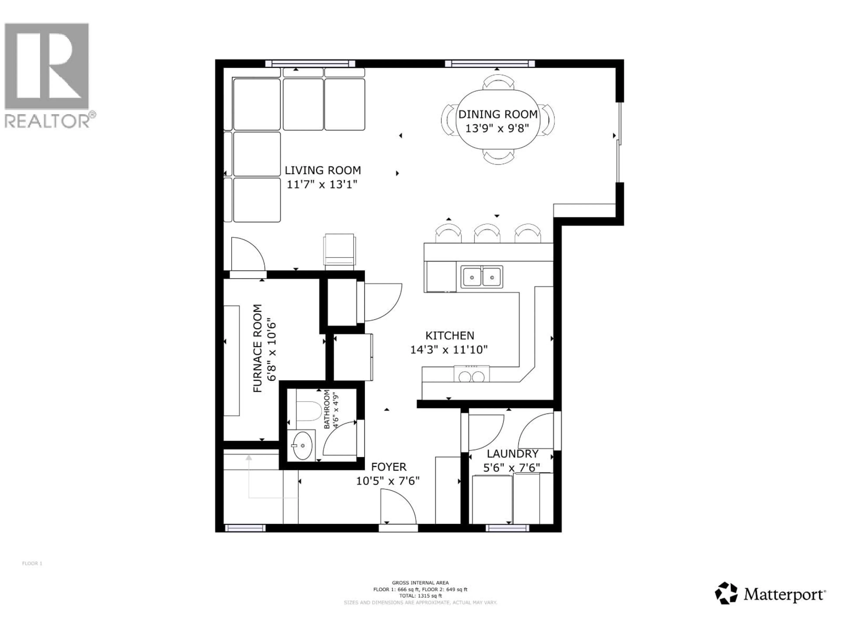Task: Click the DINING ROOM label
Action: click(x=498, y=114)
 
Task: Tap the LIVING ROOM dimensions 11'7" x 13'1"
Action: click(x=322, y=185)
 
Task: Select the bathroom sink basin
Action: click(x=303, y=445)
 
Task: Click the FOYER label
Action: click(x=389, y=467)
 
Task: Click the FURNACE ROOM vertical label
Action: click(x=258, y=348)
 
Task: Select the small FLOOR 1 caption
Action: click(x=32, y=563)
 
